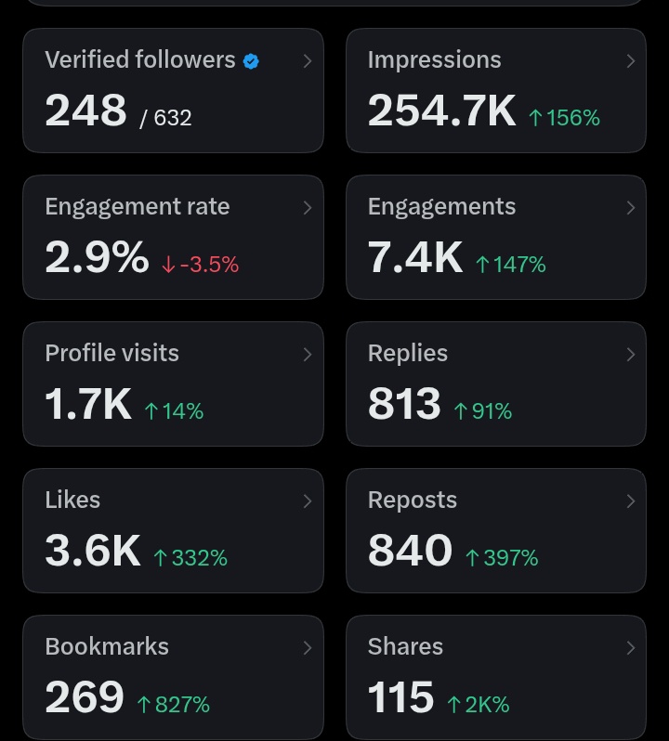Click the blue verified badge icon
[x=251, y=61]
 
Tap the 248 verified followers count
[x=85, y=110]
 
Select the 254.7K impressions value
[x=441, y=110]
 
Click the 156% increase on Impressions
[x=565, y=118]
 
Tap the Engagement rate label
[x=138, y=206]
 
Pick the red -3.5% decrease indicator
[x=200, y=264]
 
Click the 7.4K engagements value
[x=415, y=257]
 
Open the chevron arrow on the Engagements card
[x=630, y=208]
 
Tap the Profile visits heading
[x=112, y=353]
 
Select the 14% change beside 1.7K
[x=174, y=411]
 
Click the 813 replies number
[x=404, y=404]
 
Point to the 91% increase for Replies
[x=483, y=411]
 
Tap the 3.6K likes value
[x=93, y=551]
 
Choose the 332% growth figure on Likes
[x=190, y=558]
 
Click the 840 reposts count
[x=410, y=551]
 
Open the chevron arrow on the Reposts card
[x=630, y=501]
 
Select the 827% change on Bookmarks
[x=174, y=705]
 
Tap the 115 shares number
[x=400, y=697]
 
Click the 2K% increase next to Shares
[x=479, y=705]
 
